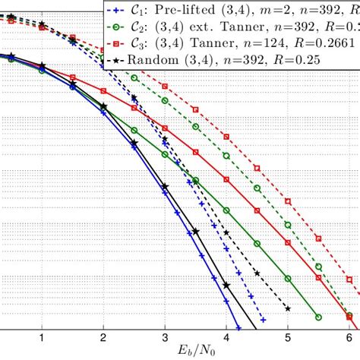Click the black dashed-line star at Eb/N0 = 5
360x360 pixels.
288,308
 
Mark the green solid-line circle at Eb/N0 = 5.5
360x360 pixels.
318,317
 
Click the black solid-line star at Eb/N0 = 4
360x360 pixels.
226,286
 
